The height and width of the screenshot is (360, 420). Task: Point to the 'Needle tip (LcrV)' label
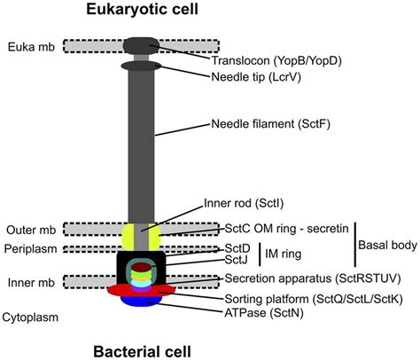[x=255, y=77]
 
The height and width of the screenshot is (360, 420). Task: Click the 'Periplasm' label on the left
[x=30, y=248]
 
